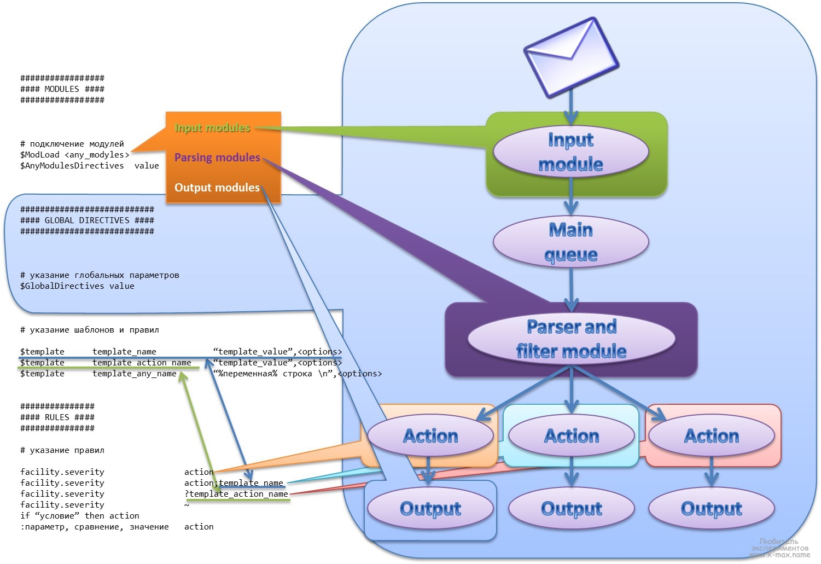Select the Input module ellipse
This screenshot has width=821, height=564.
coord(570,152)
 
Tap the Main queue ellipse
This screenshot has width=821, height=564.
coord(570,242)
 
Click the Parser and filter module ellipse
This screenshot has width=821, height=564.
coord(571,338)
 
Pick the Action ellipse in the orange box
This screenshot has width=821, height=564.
coord(430,436)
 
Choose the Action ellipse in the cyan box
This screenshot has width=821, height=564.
coord(571,436)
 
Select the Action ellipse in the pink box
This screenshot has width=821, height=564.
coord(711,436)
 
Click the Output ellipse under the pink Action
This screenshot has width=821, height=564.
coord(711,509)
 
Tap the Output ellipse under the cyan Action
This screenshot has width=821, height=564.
coord(571,509)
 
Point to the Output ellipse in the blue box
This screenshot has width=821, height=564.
coord(430,509)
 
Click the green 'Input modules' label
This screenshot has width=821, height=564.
coord(212,127)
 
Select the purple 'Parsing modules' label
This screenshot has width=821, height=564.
coord(217,158)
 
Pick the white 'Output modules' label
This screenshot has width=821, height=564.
coord(217,188)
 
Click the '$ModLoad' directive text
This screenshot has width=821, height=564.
coord(40,155)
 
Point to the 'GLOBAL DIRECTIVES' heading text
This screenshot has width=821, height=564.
coord(87,220)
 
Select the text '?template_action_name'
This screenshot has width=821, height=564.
coord(236,494)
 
